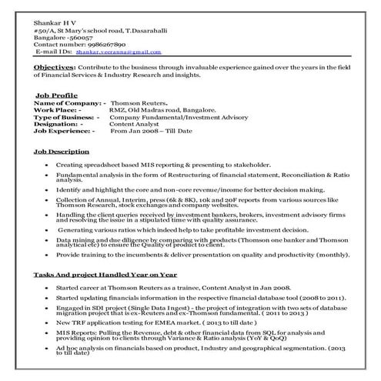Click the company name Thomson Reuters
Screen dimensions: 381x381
point(142,102)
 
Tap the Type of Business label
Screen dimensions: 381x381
point(68,116)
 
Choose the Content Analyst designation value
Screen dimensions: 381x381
point(136,124)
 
